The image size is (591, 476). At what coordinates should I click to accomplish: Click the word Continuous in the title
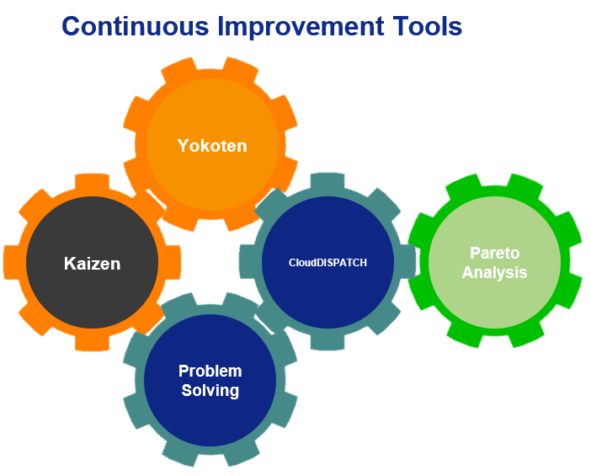(x=136, y=26)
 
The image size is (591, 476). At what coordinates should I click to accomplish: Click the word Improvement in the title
(x=301, y=27)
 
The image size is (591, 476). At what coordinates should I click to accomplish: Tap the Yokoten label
(x=212, y=146)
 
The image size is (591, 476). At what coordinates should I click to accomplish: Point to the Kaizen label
(x=93, y=263)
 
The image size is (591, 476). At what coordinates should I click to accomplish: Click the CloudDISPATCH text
(x=327, y=263)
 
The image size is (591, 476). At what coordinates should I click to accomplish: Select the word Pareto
(x=494, y=253)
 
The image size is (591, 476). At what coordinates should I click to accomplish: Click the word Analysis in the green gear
(x=494, y=272)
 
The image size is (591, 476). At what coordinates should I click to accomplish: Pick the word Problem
(x=210, y=371)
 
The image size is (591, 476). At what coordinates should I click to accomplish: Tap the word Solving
(x=210, y=390)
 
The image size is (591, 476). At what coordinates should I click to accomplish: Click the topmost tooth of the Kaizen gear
(x=93, y=182)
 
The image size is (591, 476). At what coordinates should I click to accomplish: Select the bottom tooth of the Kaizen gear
(x=93, y=343)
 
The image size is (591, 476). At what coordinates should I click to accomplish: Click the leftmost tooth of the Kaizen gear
(x=12, y=263)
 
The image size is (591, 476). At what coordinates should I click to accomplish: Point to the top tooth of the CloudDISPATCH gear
(x=327, y=181)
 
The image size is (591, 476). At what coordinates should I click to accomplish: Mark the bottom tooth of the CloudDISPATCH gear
(x=327, y=342)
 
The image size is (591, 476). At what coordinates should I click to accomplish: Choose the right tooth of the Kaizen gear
(x=173, y=263)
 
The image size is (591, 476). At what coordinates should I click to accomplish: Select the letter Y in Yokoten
(x=184, y=146)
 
